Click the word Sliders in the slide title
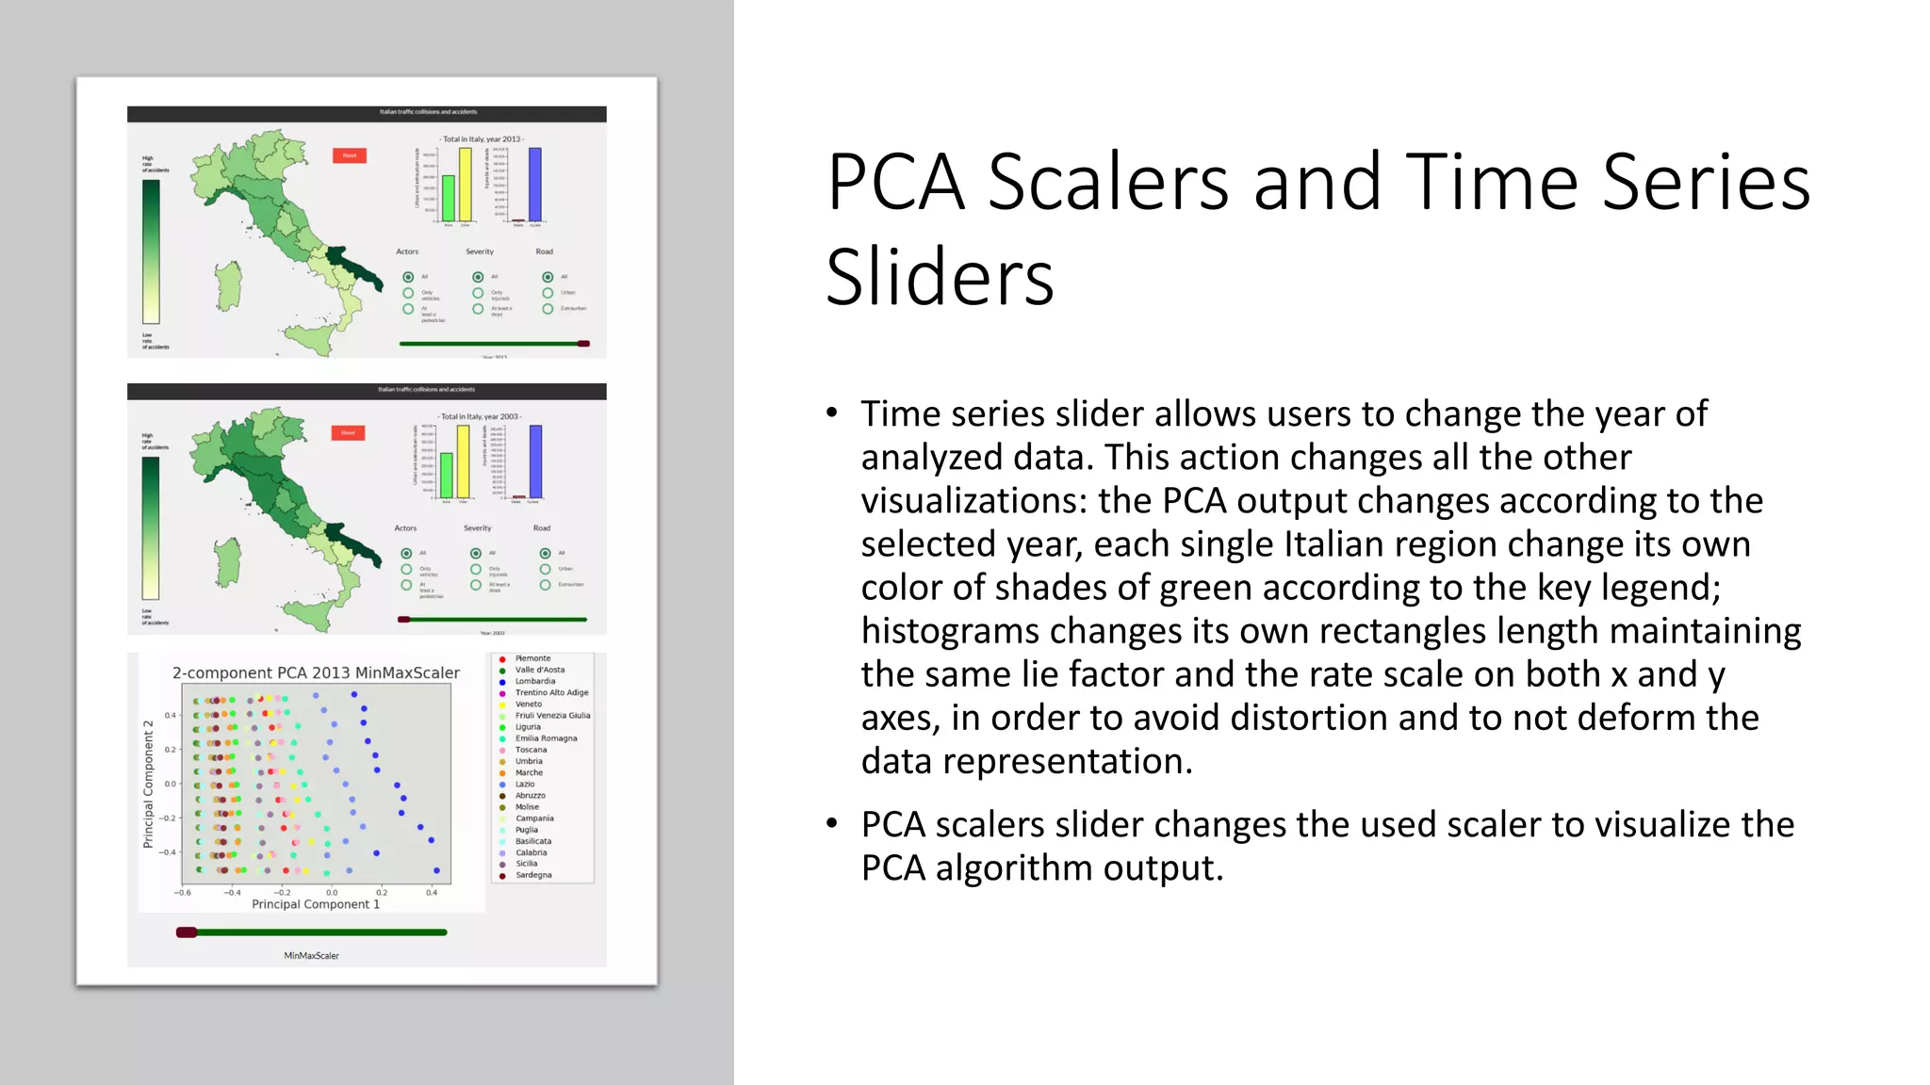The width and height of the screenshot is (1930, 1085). pyautogui.click(x=939, y=278)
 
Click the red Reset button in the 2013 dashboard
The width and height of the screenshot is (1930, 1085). pyautogui.click(x=350, y=155)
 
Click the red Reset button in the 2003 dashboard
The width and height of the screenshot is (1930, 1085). pyautogui.click(x=348, y=433)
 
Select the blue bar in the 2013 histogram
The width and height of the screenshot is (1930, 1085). pyautogui.click(x=534, y=185)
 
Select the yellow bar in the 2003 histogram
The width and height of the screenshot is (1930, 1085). pyautogui.click(x=463, y=462)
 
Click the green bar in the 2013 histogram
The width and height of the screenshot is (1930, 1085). pyautogui.click(x=449, y=198)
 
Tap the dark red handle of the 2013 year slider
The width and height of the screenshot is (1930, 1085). pyautogui.click(x=583, y=344)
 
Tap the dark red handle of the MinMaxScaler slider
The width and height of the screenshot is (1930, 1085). pyautogui.click(x=187, y=932)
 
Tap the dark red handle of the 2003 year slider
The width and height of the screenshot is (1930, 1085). pyautogui.click(x=404, y=620)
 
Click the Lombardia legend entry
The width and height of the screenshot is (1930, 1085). pyautogui.click(x=534, y=681)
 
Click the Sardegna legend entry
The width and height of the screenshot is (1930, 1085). pyautogui.click(x=533, y=875)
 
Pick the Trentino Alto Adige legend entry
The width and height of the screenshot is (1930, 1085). pyautogui.click(x=551, y=692)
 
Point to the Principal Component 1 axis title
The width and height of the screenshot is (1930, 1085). pyautogui.click(x=316, y=904)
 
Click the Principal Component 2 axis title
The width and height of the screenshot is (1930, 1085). pyautogui.click(x=148, y=785)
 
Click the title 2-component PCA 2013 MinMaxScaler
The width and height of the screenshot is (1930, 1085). pyautogui.click(x=316, y=672)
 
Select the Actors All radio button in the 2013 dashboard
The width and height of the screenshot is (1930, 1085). pyautogui.click(x=408, y=277)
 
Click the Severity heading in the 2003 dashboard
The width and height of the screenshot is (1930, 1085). pyautogui.click(x=477, y=528)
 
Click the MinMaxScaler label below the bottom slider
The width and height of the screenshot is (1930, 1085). pyautogui.click(x=311, y=956)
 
